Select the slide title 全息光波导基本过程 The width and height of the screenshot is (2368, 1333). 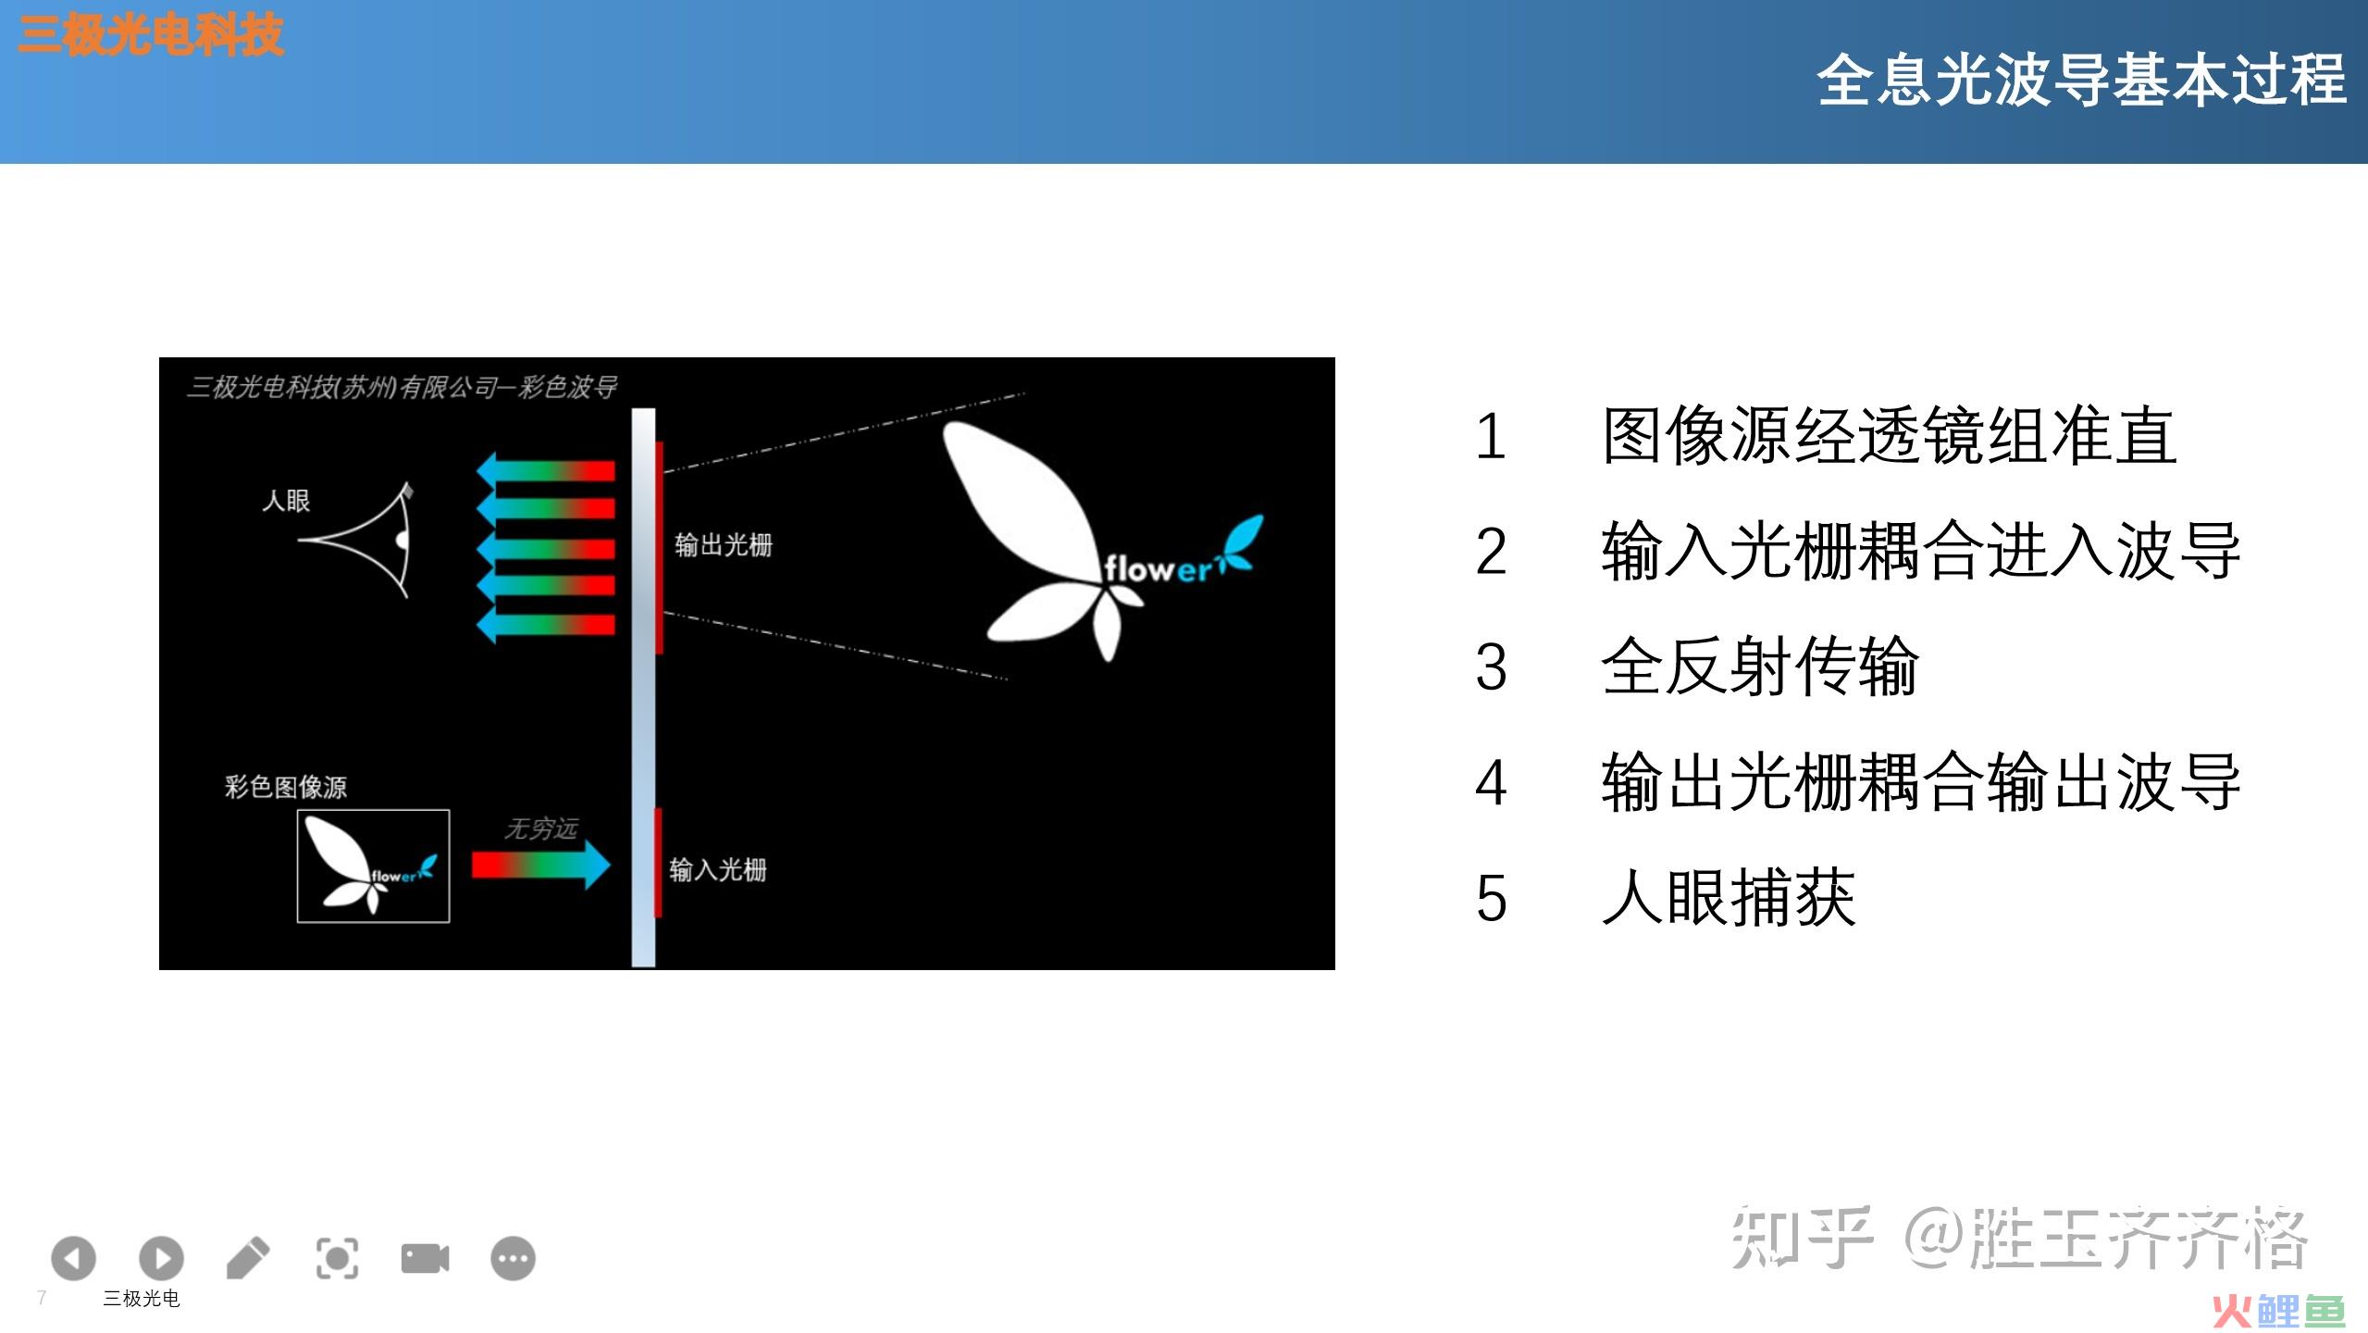coord(2081,81)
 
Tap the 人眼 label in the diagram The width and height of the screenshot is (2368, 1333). coord(286,501)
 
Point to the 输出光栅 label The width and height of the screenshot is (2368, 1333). coord(723,544)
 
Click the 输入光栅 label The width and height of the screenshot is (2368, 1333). coord(718,869)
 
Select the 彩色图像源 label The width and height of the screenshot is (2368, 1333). coord(286,787)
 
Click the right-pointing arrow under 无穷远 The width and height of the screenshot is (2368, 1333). coord(541,866)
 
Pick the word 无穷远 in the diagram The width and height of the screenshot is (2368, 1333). coord(541,828)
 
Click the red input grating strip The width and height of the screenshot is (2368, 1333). coord(658,862)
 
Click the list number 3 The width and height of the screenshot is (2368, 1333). coord(1491,666)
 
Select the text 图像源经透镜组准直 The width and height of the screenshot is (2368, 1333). coord(1889,436)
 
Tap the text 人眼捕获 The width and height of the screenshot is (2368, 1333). coord(1729,897)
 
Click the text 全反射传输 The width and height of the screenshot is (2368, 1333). coord(1760,666)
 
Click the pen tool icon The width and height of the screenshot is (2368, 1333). coord(248,1258)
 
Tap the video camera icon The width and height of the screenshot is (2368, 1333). coord(425,1258)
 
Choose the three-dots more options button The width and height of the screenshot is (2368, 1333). coord(513,1258)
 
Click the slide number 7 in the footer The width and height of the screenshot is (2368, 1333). coord(42,1298)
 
